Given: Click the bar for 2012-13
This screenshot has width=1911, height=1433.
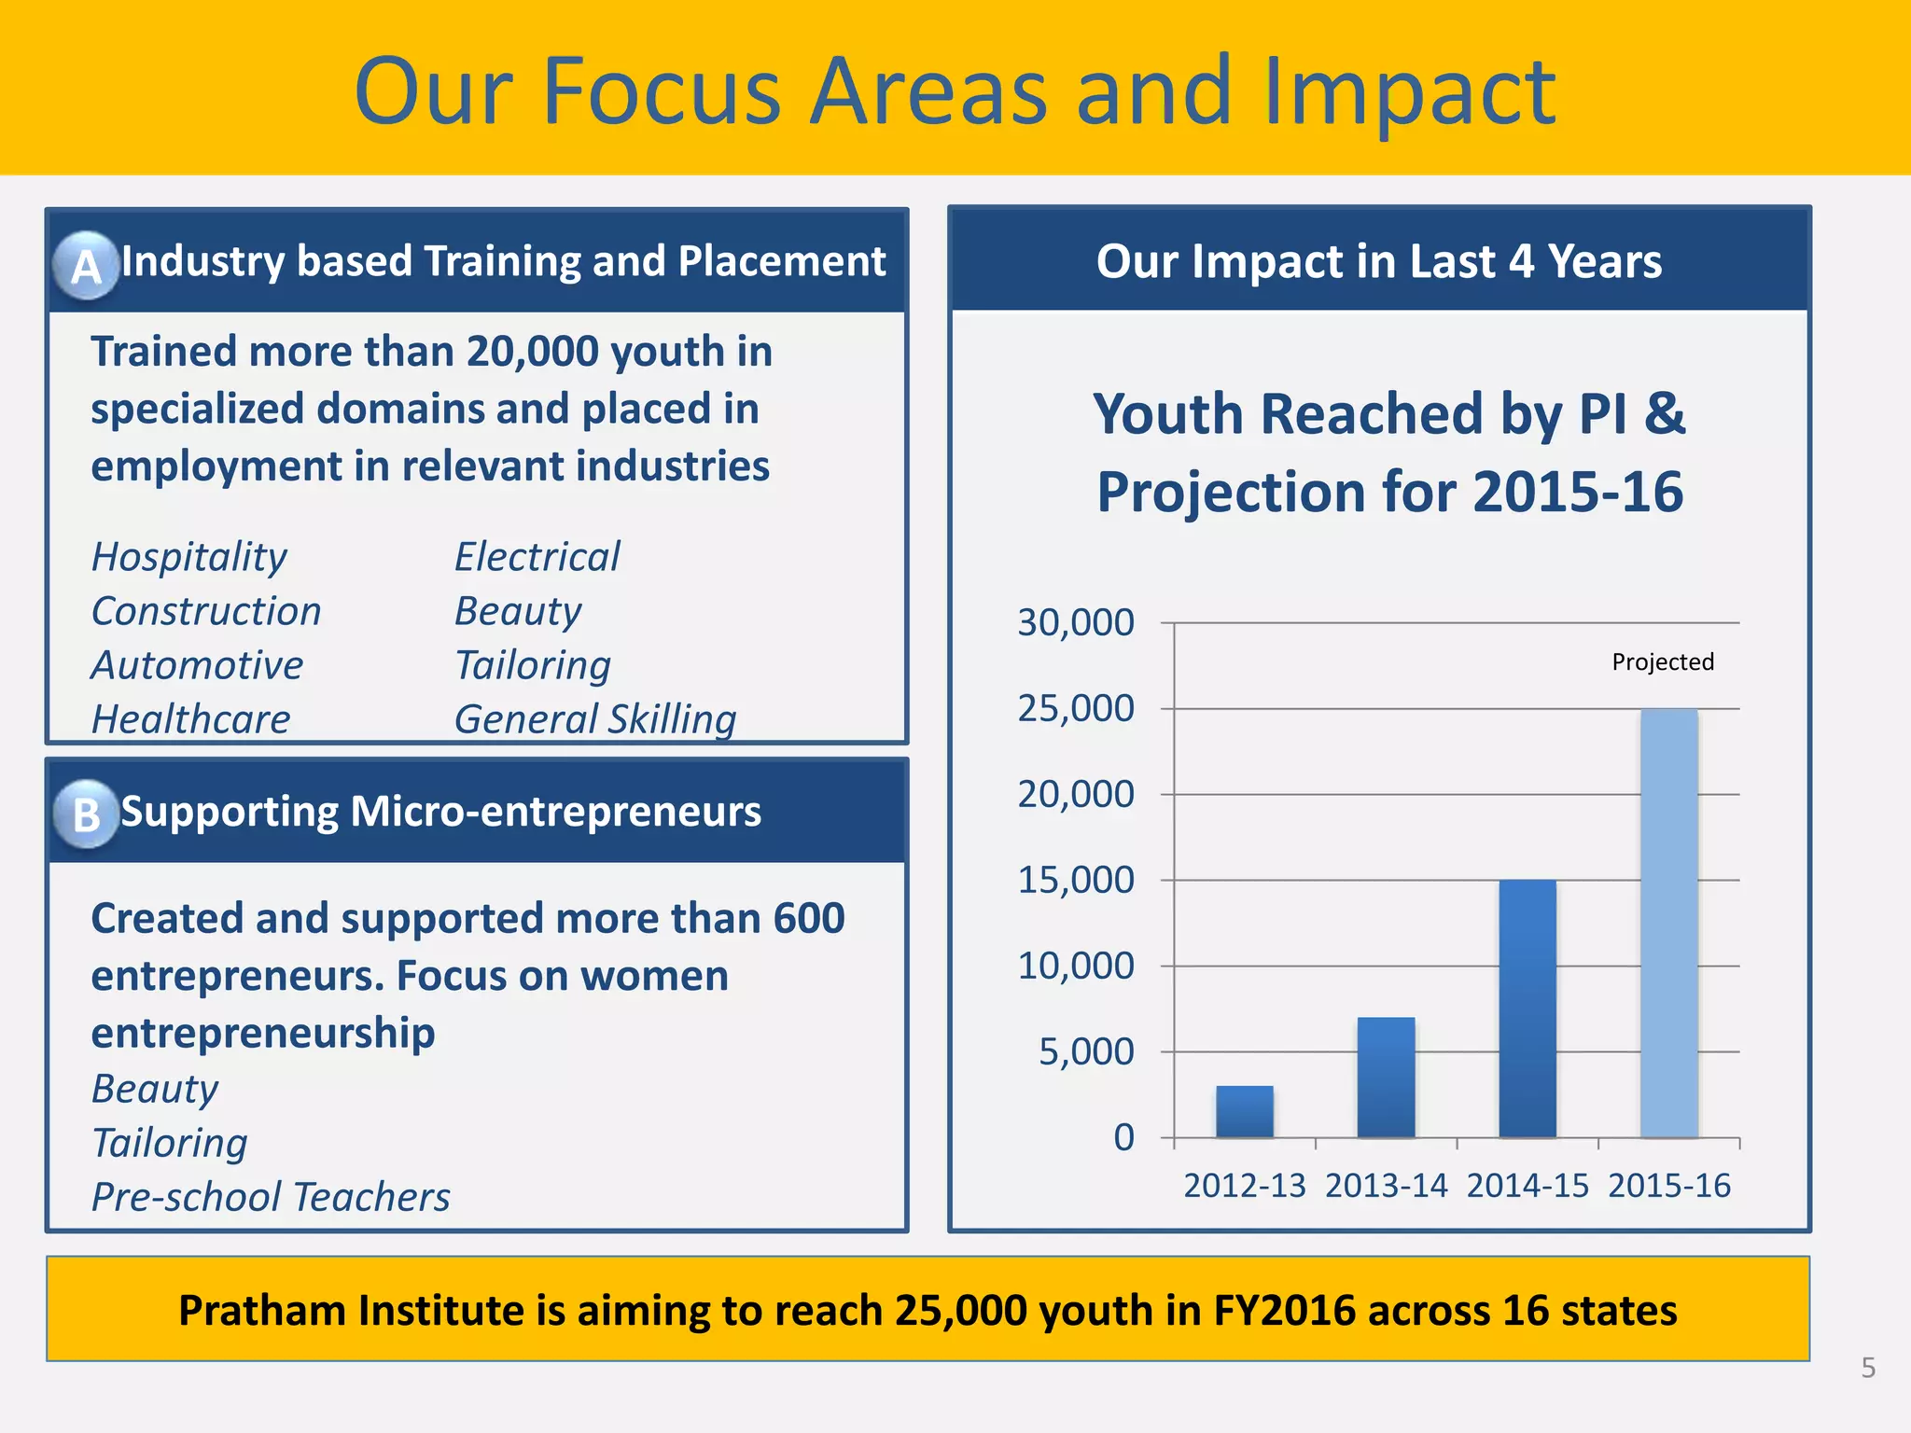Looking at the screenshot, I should (1244, 1111).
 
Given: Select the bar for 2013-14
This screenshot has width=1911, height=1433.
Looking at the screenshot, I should (1386, 1078).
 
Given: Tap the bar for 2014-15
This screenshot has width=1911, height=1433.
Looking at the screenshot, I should (1527, 1009).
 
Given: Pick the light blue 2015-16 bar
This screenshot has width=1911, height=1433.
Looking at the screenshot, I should (1669, 924).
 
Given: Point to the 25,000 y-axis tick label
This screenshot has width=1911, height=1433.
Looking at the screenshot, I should (1076, 709).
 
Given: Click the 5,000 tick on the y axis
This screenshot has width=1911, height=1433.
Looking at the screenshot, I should (1086, 1052).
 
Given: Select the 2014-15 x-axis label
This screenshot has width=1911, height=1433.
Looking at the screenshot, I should (1527, 1186).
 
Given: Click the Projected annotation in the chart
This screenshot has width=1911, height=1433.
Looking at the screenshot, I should (1663, 661).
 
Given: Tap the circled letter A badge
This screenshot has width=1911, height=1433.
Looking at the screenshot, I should (87, 266).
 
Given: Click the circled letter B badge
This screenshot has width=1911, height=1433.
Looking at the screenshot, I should (87, 814).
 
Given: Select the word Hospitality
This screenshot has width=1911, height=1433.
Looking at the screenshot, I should (189, 558).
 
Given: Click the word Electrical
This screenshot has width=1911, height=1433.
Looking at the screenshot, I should (537, 557).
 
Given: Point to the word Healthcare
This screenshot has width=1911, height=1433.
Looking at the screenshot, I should (191, 719).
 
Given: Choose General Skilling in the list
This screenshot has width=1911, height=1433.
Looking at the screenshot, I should (595, 719).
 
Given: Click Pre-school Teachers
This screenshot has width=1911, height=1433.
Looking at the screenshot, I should (271, 1197).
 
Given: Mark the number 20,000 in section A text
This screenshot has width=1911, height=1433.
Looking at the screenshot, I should (532, 352).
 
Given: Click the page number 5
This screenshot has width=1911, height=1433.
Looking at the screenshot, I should (1868, 1368).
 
